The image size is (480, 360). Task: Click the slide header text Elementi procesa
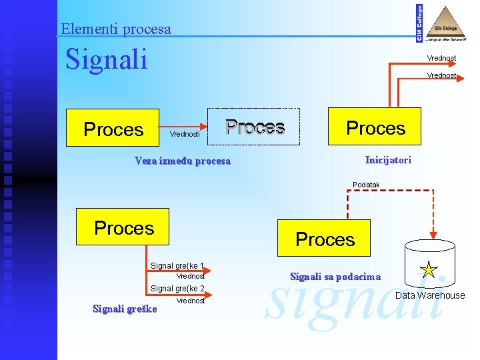[115, 29]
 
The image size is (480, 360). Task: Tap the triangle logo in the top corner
[447, 23]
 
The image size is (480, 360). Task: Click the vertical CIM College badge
[419, 23]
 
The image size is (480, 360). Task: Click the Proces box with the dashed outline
[255, 127]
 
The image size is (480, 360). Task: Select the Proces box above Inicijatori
[375, 127]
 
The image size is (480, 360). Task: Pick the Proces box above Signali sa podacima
[325, 238]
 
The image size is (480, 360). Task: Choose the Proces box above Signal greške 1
[123, 227]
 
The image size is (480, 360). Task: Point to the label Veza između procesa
[182, 161]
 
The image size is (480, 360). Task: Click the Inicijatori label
[388, 160]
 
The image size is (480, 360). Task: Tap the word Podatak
[366, 185]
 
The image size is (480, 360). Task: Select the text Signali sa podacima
[335, 277]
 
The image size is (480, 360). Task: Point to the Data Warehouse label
[430, 295]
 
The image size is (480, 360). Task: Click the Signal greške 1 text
[177, 265]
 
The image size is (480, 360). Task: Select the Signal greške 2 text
[177, 289]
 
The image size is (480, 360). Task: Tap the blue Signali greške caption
[125, 309]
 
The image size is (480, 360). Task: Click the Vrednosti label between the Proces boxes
[184, 134]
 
